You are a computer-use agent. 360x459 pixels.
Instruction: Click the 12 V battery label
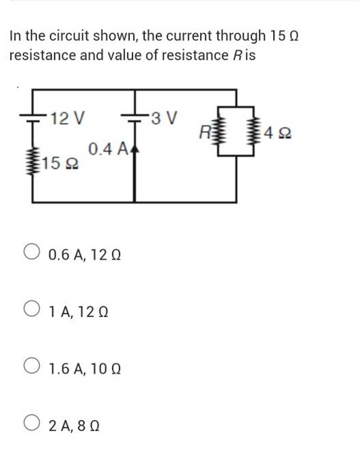coord(67,119)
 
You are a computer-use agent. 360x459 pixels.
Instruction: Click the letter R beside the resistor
coord(204,133)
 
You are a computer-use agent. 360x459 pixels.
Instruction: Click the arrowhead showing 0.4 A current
coord(135,150)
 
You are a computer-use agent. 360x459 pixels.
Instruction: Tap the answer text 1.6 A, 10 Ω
coord(85,369)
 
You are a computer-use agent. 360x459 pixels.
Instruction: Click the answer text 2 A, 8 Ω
coord(74,426)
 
